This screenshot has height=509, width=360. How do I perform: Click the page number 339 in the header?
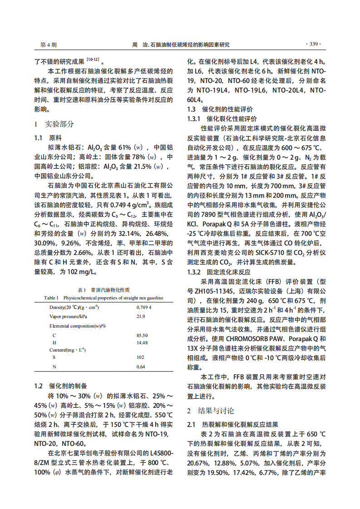click(313, 44)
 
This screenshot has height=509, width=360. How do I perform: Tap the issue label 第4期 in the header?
click(48, 45)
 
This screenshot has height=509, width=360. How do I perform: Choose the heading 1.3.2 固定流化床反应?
click(219, 272)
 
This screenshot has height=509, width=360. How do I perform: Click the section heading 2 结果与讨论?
click(211, 411)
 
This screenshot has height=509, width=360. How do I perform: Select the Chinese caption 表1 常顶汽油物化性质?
click(104, 289)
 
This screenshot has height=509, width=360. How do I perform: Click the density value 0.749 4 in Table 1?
click(144, 307)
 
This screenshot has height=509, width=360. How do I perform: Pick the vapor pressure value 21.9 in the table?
click(141, 316)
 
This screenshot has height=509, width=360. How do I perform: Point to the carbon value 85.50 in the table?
click(142, 335)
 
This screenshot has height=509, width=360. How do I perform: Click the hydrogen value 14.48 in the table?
click(142, 343)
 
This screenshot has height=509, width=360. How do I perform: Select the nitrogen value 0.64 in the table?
click(141, 367)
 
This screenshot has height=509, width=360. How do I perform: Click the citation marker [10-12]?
click(93, 59)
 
